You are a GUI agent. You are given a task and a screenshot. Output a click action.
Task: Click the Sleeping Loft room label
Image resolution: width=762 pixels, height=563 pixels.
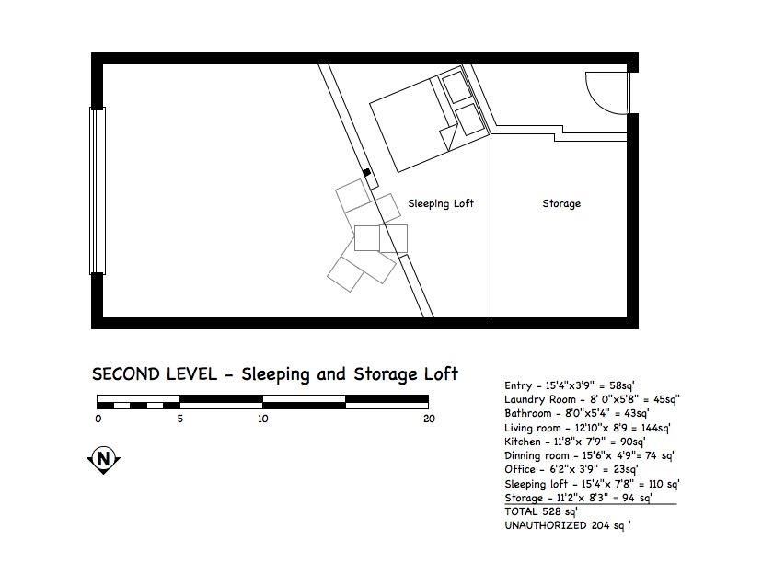point(441,203)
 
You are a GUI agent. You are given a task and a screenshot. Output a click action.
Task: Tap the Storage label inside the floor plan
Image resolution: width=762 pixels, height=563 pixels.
point(561,203)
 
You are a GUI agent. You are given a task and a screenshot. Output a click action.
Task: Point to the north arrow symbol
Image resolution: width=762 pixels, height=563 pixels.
point(103,460)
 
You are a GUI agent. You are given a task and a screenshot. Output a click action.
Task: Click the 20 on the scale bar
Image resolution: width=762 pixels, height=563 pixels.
point(429,419)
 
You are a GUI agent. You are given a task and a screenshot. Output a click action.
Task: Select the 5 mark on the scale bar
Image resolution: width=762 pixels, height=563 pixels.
point(180,419)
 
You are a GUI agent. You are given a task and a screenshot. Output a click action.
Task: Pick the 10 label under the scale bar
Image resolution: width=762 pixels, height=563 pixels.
point(263,419)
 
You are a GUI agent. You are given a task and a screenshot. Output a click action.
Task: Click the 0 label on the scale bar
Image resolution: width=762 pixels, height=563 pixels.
point(98,419)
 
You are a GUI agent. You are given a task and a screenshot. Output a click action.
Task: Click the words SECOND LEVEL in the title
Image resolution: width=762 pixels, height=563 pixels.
point(155,374)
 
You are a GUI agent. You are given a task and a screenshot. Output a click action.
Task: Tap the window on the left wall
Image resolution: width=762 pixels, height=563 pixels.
point(98,191)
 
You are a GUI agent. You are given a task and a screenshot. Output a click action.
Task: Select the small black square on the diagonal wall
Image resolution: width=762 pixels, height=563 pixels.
point(367,172)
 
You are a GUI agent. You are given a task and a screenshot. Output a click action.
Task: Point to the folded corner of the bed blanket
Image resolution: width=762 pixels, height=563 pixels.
point(449,136)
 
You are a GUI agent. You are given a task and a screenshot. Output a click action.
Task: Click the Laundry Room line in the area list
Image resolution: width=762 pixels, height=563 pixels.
point(592,400)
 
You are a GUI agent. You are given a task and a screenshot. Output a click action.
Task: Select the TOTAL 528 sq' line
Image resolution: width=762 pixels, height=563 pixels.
point(541,511)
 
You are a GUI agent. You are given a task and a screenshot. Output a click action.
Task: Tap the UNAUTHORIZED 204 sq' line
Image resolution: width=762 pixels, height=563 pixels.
point(568,525)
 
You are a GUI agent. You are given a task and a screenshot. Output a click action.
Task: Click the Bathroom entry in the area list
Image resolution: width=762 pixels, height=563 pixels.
point(577,413)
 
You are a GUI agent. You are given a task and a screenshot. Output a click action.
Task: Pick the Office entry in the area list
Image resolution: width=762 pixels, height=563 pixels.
point(571,470)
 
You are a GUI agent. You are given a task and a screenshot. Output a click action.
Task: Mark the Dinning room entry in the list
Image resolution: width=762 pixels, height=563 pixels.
point(589,455)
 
